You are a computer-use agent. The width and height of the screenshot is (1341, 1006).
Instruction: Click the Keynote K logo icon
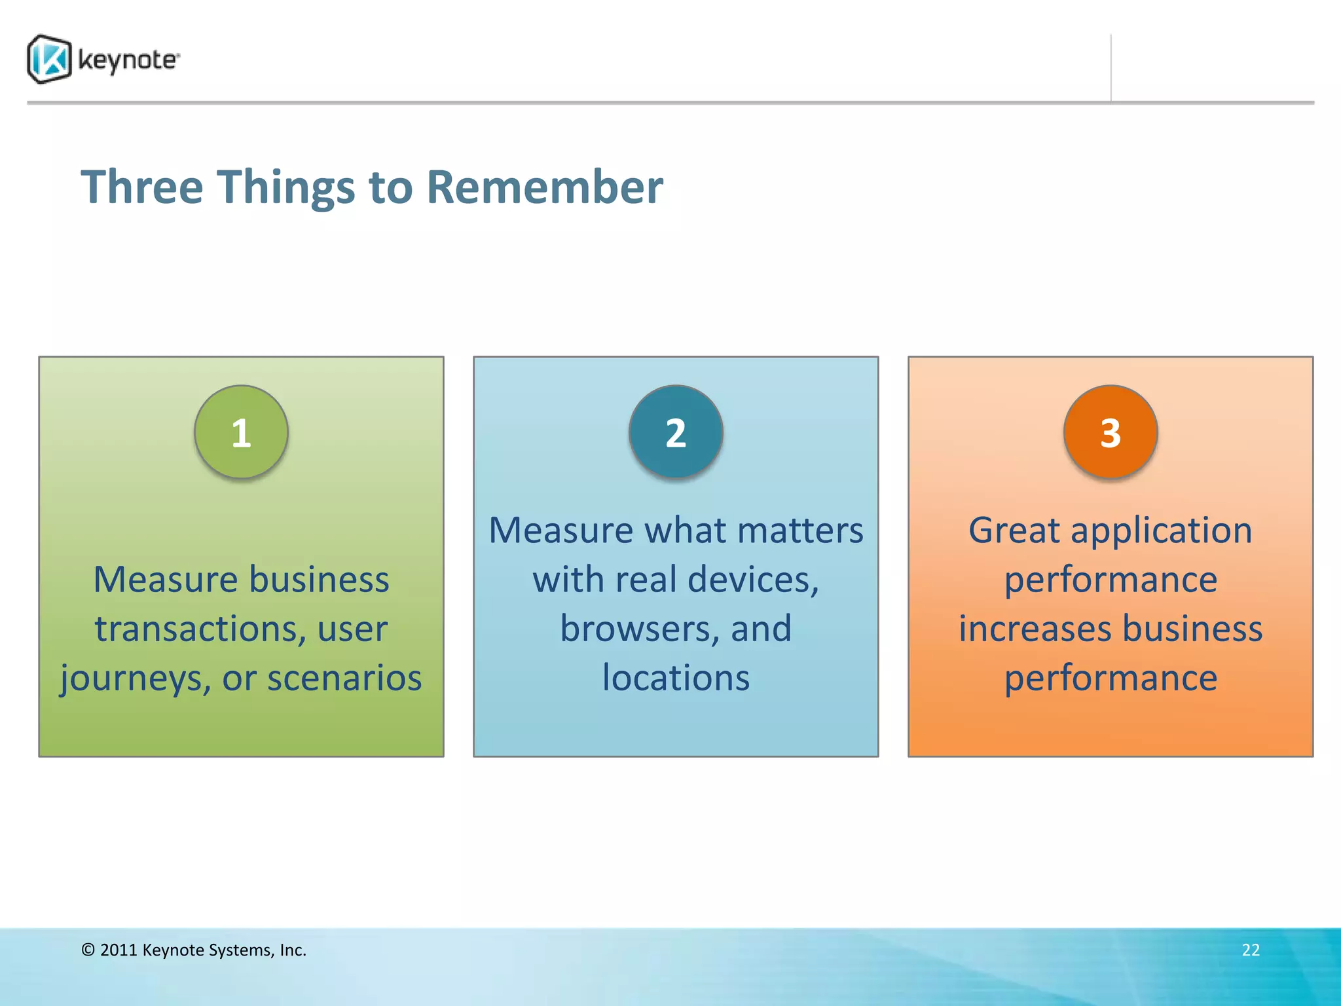[49, 60]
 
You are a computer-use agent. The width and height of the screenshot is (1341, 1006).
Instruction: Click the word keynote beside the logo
[127, 60]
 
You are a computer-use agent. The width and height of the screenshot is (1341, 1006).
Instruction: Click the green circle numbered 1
[241, 432]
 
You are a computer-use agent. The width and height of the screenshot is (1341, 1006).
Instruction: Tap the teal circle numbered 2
[676, 432]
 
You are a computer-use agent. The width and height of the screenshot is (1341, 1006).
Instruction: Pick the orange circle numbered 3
[1111, 432]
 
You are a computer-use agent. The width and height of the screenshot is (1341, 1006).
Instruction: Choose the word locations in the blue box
[676, 678]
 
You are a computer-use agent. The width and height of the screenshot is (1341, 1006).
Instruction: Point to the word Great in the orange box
[1014, 531]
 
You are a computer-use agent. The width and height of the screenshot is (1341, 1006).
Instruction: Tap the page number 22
[1251, 950]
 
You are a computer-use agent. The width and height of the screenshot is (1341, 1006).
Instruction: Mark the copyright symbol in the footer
[88, 950]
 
